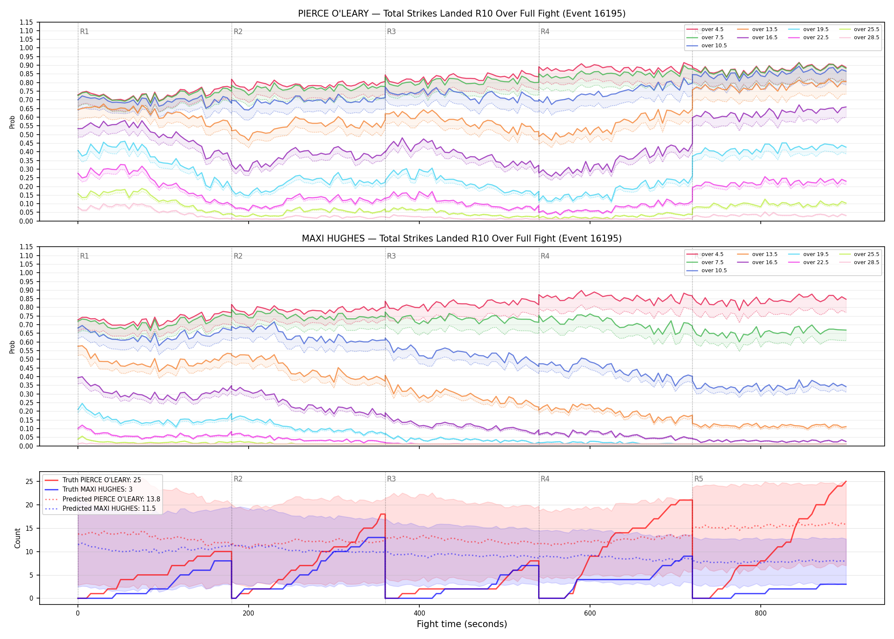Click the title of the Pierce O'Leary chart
pyautogui.click(x=461, y=14)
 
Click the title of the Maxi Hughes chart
pyautogui.click(x=461, y=239)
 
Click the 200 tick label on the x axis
pyautogui.click(x=248, y=613)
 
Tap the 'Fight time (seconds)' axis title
pyautogui.click(x=462, y=624)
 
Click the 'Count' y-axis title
pyautogui.click(x=17, y=538)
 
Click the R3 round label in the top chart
pyautogui.click(x=391, y=32)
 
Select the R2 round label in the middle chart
pyautogui.click(x=238, y=256)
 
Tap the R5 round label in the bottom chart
pyautogui.click(x=699, y=479)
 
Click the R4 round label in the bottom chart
pyautogui.click(x=545, y=479)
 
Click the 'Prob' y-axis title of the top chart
pyautogui.click(x=12, y=122)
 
